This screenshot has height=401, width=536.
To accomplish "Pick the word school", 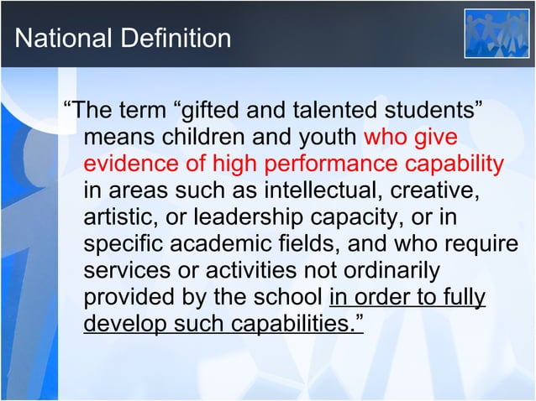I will pos(290,298).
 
